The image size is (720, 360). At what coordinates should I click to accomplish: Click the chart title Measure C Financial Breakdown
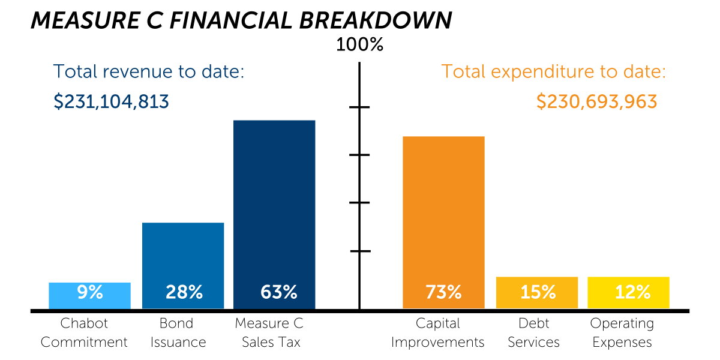[x=241, y=20]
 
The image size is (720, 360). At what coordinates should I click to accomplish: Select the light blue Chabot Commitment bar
[x=89, y=287]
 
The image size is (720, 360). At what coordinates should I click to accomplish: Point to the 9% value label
[x=90, y=293]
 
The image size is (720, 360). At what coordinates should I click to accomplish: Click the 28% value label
[x=184, y=293]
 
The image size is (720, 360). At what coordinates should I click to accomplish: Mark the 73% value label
[x=443, y=293]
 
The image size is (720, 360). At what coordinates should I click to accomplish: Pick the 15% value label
[x=537, y=293]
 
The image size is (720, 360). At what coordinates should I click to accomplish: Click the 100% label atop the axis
[x=359, y=45]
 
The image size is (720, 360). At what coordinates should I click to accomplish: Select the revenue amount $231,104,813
[x=112, y=101]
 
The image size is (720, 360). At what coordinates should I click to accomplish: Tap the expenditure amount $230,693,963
[x=597, y=101]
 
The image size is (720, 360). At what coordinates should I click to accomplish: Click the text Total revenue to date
[x=149, y=72]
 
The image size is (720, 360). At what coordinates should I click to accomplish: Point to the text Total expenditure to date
[x=554, y=72]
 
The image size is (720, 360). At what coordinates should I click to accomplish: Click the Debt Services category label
[x=533, y=333]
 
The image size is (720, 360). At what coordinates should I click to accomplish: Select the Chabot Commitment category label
[x=84, y=333]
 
